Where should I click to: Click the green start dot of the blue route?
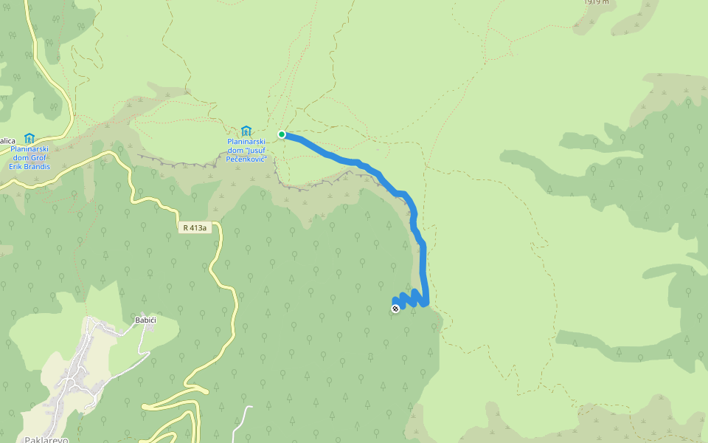282,134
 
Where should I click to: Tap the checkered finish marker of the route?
395,309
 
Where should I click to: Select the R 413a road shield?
195,228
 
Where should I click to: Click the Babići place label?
145,320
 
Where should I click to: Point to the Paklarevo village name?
46,439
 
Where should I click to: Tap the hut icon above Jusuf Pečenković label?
246,131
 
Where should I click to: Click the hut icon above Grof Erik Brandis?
29,138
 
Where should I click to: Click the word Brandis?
36,167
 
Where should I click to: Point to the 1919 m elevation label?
597,2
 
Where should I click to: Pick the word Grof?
40,158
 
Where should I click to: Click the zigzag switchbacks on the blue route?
413,298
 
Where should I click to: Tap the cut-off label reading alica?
7,140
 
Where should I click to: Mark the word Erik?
15,167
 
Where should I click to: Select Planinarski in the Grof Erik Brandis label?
29,149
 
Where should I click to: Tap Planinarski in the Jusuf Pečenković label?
246,141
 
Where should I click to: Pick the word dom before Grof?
21,158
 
